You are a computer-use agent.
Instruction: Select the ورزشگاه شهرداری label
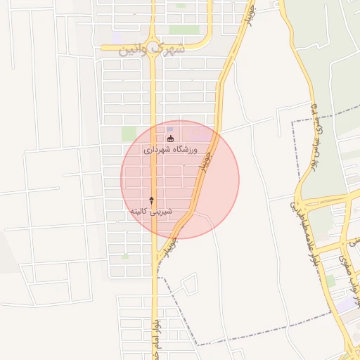pos(171,150)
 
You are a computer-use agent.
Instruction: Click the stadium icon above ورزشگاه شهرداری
pos(170,139)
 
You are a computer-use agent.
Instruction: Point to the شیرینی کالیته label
pos(151,210)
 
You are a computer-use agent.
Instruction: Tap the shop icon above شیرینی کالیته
pos(151,200)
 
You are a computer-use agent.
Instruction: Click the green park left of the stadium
pos(129,133)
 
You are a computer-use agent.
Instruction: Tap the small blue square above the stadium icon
pos(169,128)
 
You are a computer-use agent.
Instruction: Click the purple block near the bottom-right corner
pos(346,304)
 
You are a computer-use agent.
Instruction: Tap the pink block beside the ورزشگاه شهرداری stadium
pos(200,132)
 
